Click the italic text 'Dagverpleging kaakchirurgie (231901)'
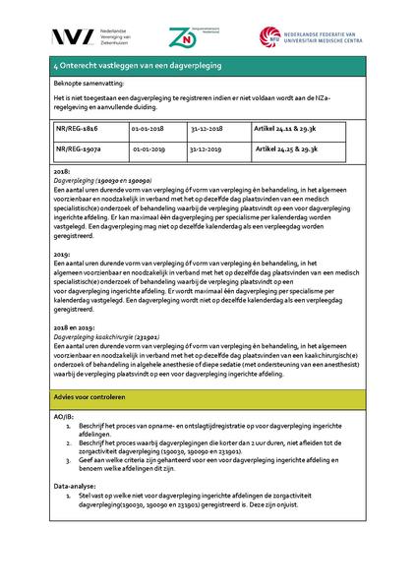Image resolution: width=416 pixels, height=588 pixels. (107, 336)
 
